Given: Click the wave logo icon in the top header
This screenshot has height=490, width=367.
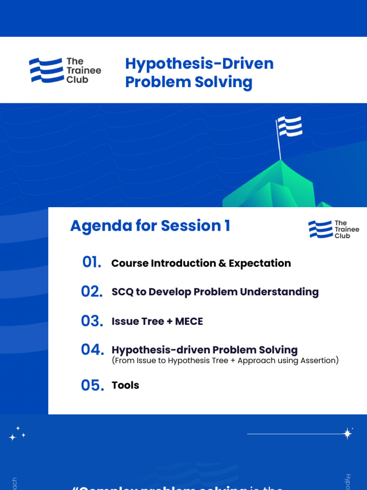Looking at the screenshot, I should tap(46, 70).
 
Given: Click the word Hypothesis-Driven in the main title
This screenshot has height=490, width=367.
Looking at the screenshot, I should tap(199, 64).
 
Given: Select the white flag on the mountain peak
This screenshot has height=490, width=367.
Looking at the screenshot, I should tap(290, 126).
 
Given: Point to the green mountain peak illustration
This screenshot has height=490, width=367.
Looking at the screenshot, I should tap(282, 187).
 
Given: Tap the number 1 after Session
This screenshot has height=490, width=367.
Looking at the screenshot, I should tap(226, 226).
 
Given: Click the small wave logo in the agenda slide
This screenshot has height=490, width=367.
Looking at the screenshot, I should tap(320, 229).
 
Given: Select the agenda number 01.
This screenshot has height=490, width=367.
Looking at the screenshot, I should tap(92, 262).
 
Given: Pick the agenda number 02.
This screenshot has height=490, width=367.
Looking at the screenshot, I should tap(92, 291).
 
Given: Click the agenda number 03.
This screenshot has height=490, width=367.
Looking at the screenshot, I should tap(92, 321).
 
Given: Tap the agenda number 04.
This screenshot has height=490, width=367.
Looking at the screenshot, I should tap(92, 350).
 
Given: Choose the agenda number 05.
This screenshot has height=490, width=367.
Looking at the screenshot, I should tap(92, 385).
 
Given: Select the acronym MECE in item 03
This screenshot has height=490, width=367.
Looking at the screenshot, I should tap(189, 322).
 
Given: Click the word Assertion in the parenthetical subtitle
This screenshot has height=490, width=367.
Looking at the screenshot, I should tap(317, 361).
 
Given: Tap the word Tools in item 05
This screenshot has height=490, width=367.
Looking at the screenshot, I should tap(125, 385).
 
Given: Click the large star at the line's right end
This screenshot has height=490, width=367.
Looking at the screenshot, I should tap(348, 434).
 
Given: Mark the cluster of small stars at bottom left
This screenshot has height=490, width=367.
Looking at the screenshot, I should tap(17, 434).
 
